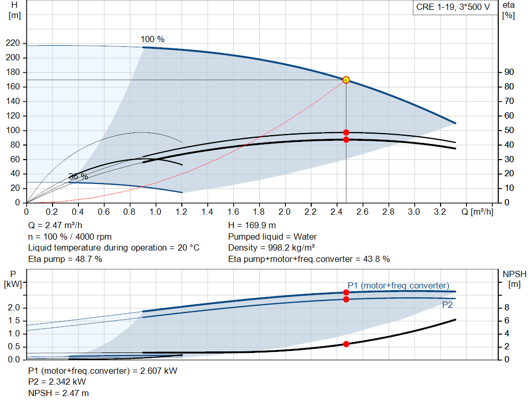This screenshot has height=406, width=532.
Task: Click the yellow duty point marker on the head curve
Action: click(346, 80)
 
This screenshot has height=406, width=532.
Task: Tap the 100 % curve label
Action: click(152, 40)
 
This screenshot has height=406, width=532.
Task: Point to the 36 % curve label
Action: click(78, 177)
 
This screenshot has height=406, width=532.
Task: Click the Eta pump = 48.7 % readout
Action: click(65, 259)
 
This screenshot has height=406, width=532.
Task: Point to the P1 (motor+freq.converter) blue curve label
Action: click(398, 285)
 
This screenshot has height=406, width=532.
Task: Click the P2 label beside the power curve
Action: click(447, 305)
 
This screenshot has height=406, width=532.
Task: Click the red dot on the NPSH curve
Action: click(346, 344)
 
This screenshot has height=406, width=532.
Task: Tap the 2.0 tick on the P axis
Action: click(14, 308)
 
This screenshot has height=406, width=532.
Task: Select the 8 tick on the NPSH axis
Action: click(508, 308)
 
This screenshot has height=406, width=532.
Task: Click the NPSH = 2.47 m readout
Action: click(58, 393)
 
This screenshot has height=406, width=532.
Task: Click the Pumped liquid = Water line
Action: click(272, 237)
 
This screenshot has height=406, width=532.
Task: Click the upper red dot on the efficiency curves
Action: click(346, 133)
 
